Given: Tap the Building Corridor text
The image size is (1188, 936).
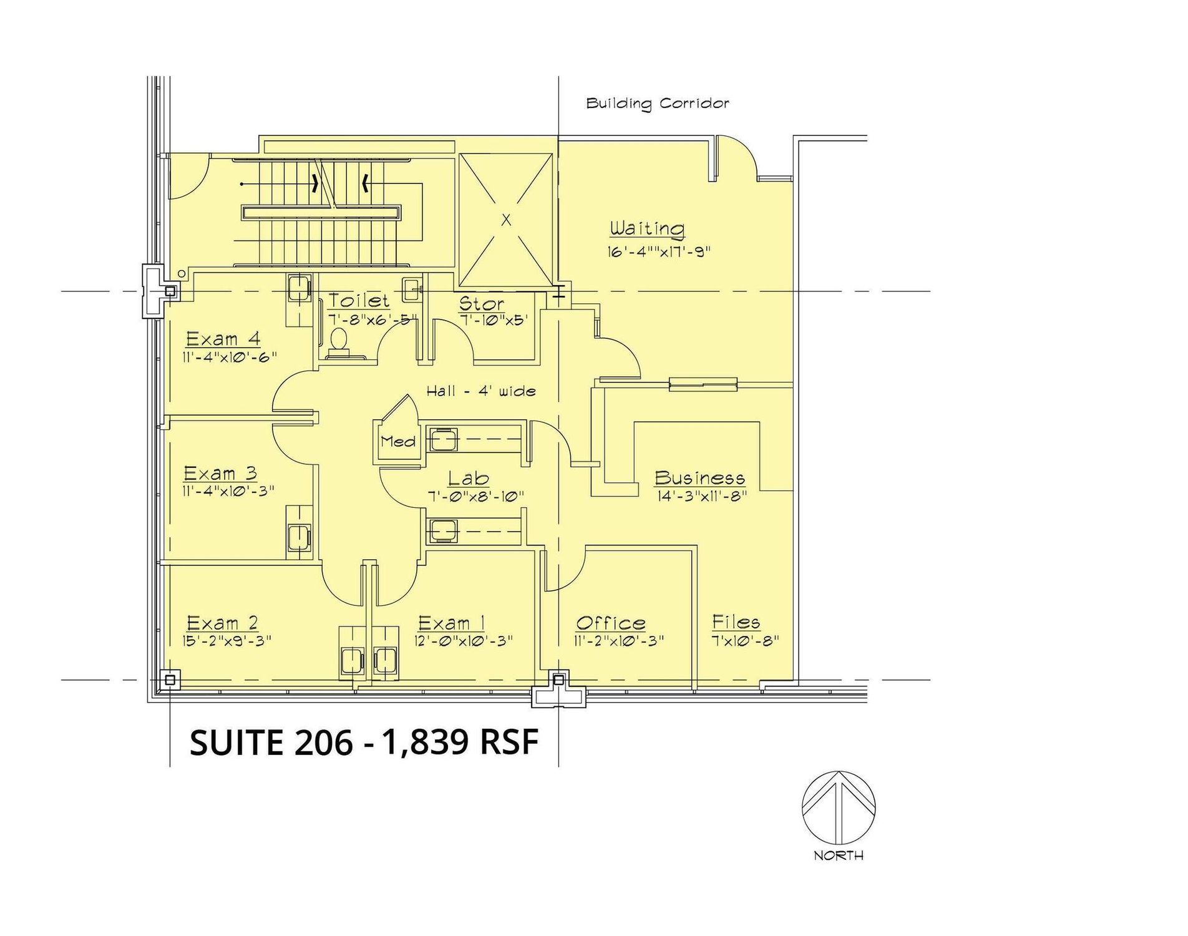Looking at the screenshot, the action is pos(658,103).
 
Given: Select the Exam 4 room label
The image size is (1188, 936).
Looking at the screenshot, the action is pos(223,339).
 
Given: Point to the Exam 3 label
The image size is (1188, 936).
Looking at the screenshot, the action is pos(220,473).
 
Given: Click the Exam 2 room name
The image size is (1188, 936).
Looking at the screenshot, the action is pos(222,623).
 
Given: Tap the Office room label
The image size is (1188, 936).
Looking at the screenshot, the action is pos(610,623).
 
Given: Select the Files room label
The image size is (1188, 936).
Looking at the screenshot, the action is pos(736,622).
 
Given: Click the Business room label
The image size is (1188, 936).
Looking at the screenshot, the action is pos(699,478).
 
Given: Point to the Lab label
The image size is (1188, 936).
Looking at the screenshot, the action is pos(469,479).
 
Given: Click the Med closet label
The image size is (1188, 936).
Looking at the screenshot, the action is pos(397,442).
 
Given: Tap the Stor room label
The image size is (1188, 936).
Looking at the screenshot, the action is pos(481,304).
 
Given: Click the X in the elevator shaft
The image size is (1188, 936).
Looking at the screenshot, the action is pos(506,220).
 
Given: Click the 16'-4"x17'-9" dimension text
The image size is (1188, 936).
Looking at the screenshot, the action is pos(659,252).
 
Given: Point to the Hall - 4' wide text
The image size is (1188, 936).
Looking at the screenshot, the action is pos(481,391).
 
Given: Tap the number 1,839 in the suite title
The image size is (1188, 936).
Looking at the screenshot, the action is pos(426,743).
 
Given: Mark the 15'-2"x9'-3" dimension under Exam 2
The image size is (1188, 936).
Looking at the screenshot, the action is pos(227,641).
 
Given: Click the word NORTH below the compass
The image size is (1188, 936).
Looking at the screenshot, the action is pos(839,856).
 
